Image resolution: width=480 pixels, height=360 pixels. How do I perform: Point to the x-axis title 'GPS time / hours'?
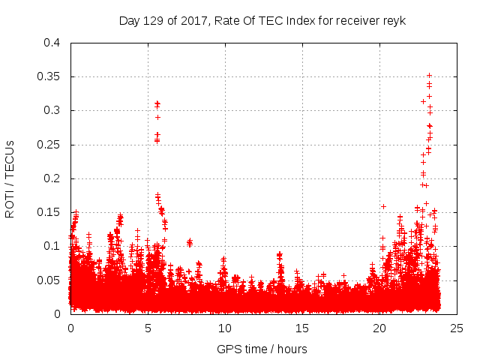262,349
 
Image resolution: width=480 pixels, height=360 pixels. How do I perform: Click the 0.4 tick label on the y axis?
52,43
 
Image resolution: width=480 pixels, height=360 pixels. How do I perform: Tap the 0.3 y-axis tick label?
52,110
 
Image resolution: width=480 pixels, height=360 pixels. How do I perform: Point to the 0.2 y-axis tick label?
52,178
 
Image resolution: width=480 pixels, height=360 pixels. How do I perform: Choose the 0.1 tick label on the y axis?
52,246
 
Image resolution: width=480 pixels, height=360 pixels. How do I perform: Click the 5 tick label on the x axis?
148,328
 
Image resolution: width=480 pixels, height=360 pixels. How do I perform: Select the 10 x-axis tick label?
225,328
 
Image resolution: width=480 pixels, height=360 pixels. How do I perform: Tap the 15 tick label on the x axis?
302,328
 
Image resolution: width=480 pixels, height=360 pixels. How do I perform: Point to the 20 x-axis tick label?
379,328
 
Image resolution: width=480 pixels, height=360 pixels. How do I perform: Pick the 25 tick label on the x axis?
457,328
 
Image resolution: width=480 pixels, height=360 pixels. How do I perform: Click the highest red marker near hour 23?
429,75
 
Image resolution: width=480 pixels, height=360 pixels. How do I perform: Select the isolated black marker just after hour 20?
383,206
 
